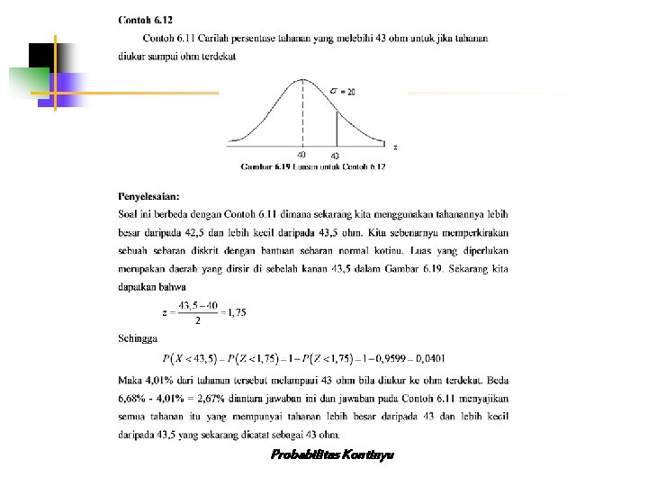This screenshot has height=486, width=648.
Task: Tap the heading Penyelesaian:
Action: coord(149,195)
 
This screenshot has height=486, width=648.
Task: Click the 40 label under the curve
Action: coord(301,155)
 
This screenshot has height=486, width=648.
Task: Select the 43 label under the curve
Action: coord(335,157)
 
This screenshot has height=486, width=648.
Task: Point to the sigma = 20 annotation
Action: coord(343,91)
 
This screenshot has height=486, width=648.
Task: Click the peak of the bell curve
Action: coord(302,79)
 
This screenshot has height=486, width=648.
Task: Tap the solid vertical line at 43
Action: coord(336,127)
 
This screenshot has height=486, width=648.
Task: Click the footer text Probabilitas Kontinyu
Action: coord(332,454)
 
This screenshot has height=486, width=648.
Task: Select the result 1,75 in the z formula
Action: coord(236,312)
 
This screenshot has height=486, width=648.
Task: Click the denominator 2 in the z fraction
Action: coord(197,320)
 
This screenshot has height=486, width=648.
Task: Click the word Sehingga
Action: coord(138,338)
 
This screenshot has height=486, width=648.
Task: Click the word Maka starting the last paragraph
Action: coord(130,378)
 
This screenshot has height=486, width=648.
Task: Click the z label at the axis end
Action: coord(394,147)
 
